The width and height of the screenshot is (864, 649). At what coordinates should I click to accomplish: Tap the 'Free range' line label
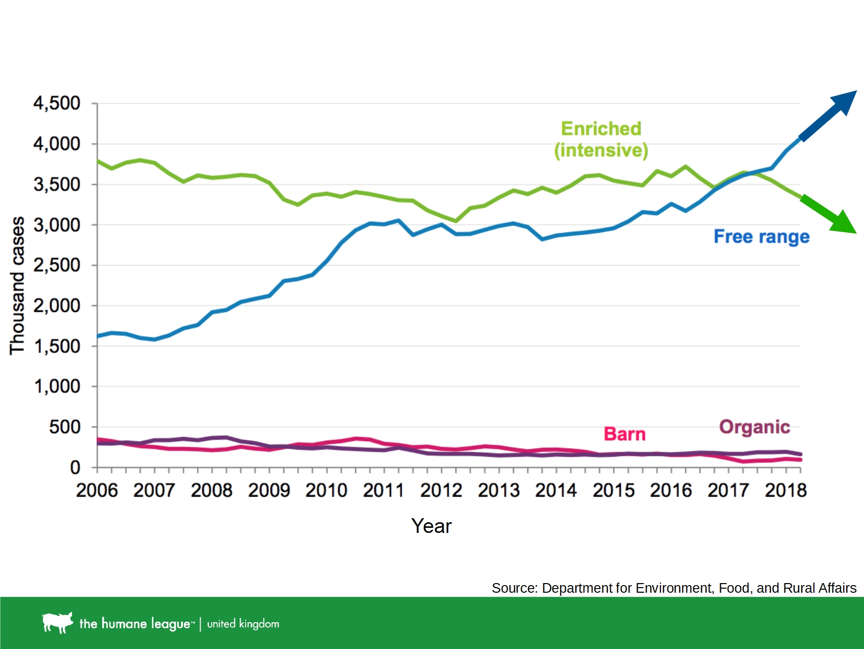coord(761,237)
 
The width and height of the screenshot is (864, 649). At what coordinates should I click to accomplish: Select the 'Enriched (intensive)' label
coord(601,139)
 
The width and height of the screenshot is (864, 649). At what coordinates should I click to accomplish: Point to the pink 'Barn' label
coord(624,434)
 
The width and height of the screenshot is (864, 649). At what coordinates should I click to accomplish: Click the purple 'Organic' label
coord(755,427)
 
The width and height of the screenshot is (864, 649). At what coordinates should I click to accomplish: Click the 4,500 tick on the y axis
coord(57,103)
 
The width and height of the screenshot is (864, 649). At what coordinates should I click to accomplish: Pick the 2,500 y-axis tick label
coord(57,265)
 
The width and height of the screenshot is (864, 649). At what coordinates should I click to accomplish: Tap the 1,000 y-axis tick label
coord(57,386)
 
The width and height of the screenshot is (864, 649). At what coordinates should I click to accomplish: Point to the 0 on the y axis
coord(75,467)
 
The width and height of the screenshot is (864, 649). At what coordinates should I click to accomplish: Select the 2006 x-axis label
coord(97,490)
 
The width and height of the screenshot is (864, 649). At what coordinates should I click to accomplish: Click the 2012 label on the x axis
coord(441,490)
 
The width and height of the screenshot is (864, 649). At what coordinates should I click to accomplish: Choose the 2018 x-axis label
coord(786,490)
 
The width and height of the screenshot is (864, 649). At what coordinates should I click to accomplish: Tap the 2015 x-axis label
coord(613,490)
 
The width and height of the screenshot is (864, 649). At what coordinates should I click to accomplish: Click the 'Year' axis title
coord(431,526)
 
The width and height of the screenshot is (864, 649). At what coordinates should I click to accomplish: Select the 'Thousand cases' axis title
coord(17,285)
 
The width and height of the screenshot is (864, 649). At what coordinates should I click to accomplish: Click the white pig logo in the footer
coord(57,622)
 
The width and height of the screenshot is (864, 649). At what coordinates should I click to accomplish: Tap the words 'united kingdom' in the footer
coord(243,624)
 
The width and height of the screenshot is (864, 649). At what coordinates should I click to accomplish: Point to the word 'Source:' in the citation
coord(515,588)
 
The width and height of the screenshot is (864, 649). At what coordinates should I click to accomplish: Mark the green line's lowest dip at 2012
coord(456,221)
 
